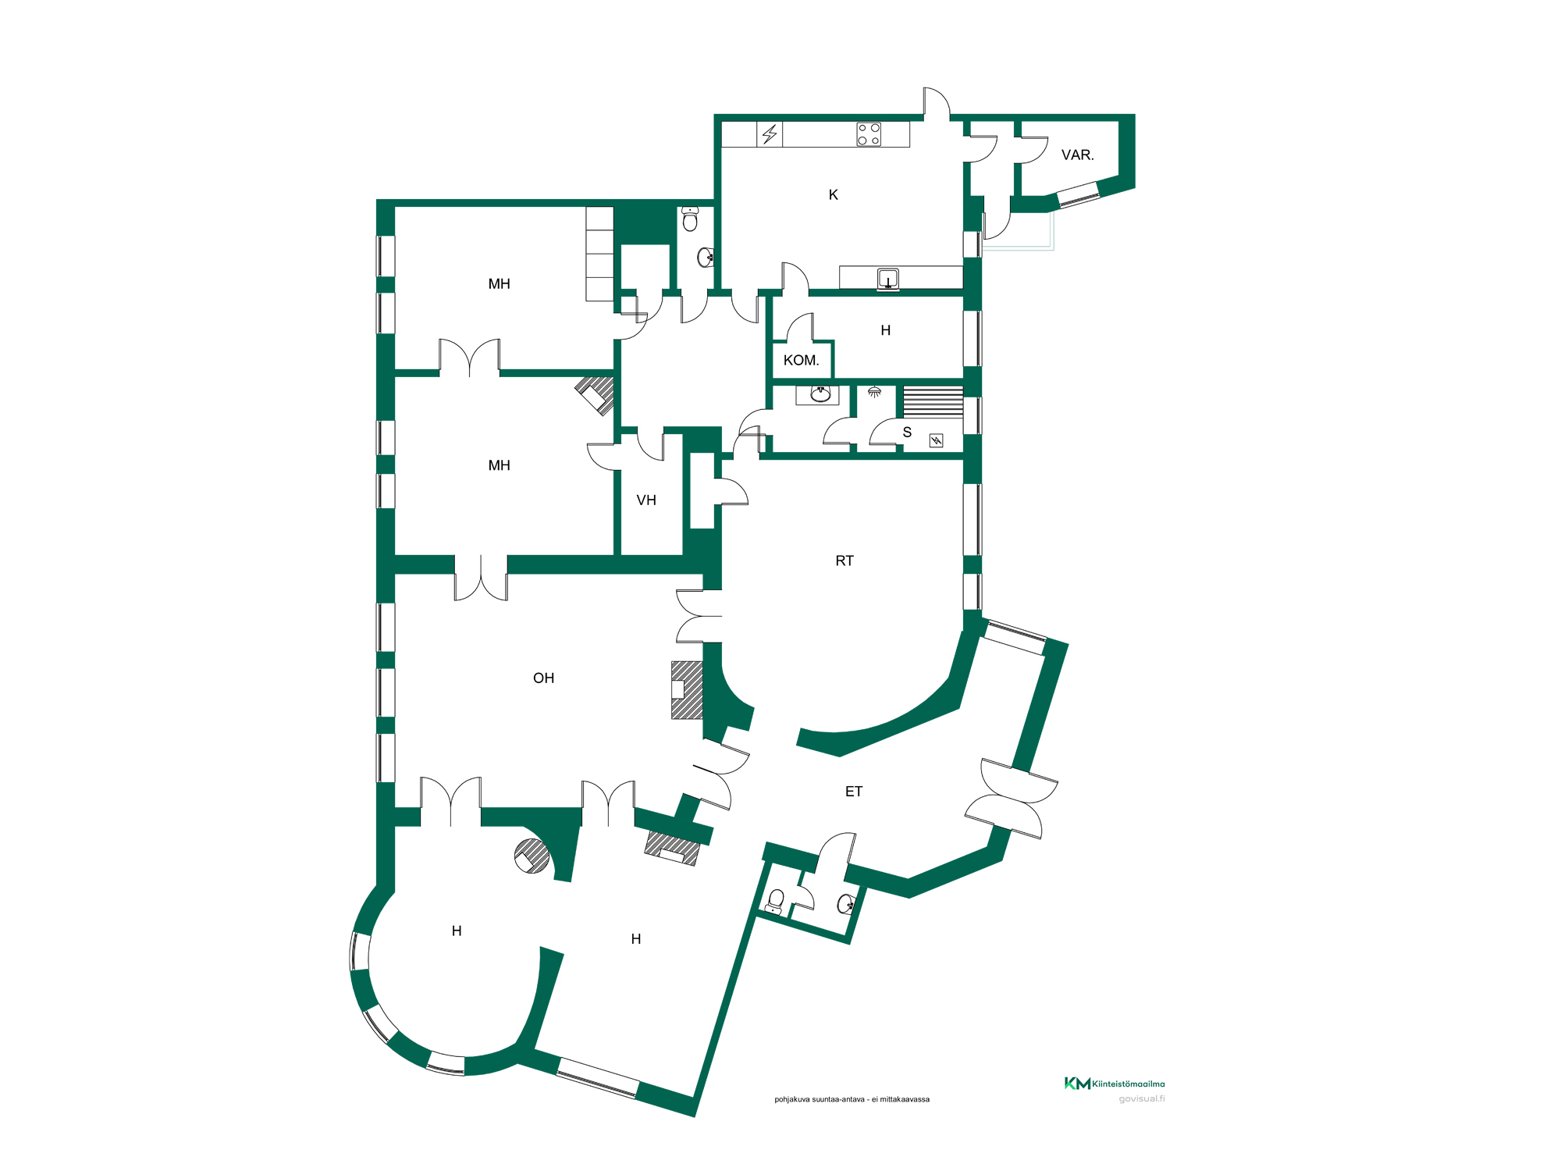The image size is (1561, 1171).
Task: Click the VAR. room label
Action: [1077, 155]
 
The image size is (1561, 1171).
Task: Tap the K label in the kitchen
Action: [833, 195]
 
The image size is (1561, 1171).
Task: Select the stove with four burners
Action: [869, 134]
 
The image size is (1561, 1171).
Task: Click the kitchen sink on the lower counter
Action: [888, 279]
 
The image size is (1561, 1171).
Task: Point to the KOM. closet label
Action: [801, 361]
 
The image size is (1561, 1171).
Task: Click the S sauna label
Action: [907, 432]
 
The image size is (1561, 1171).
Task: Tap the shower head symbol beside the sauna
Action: [875, 392]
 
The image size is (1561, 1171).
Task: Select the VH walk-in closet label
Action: [646, 500]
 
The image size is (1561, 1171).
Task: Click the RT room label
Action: [845, 561]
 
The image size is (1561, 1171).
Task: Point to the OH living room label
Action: [543, 678]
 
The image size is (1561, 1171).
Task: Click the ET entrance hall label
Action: [854, 792]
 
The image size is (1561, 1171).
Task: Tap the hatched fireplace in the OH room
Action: [687, 690]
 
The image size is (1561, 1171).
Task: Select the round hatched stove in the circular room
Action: [532, 856]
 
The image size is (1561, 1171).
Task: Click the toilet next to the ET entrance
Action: [775, 902]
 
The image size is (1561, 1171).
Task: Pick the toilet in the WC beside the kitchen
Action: [690, 219]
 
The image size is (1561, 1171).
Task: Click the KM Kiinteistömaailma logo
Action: [1115, 1084]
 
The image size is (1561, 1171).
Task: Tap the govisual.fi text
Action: [1142, 1099]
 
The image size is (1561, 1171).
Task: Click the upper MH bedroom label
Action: [499, 284]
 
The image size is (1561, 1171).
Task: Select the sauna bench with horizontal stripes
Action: [933, 402]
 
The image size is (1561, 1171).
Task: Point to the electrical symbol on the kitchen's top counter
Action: [770, 134]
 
